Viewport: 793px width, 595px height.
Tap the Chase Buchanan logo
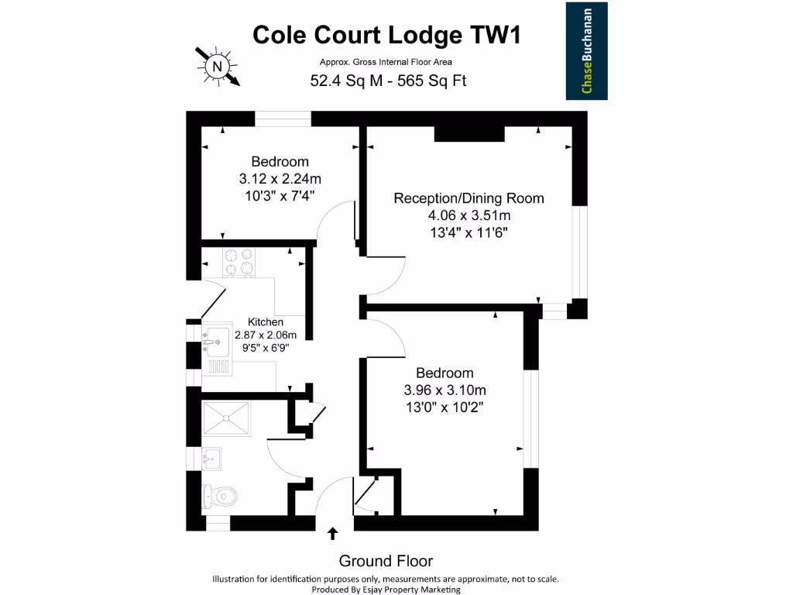coord(586,51)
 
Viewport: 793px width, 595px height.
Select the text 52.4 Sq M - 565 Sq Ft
coord(387,80)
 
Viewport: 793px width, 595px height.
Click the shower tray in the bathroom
coord(226,418)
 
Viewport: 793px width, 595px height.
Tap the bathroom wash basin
coord(211,459)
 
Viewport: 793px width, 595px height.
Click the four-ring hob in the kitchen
coord(239,262)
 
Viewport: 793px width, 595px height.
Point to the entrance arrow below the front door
coord(333,533)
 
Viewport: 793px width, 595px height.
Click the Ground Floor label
coord(386,561)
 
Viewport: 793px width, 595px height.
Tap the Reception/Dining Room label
coord(469,198)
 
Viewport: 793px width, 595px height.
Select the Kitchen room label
coord(266,322)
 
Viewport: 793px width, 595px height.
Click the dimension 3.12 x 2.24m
coord(280,179)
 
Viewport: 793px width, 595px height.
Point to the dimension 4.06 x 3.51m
coord(469,215)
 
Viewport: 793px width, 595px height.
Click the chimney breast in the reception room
coord(469,132)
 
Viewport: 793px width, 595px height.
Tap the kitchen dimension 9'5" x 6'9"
coord(266,348)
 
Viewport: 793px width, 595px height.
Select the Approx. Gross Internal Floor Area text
coord(386,62)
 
